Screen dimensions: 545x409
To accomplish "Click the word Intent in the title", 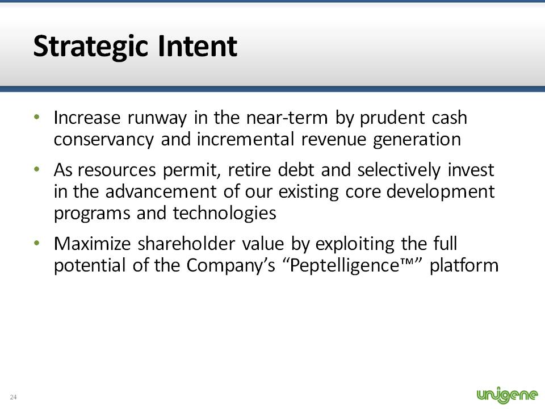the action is [x=198, y=45].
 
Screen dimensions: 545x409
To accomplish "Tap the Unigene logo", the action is [x=507, y=394].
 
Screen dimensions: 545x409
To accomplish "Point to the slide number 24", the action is [x=13, y=397].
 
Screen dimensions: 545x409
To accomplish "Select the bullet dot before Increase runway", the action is [x=37, y=117].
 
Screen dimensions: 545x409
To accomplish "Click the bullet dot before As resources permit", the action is [x=37, y=170].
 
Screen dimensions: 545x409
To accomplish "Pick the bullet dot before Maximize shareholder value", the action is [x=37, y=243].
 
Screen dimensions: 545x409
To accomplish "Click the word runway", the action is [x=157, y=119].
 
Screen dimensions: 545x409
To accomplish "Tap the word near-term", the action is [x=287, y=118].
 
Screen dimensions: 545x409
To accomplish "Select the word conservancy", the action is [x=103, y=140].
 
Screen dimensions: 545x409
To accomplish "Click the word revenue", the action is [x=334, y=140].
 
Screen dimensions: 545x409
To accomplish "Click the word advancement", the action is [x=161, y=191].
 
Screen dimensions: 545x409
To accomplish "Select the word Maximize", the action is [x=93, y=244].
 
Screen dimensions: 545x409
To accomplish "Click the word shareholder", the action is [x=186, y=244].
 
